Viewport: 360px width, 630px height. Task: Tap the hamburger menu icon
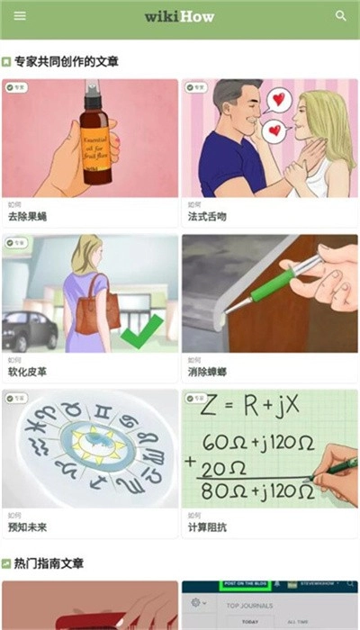click(x=20, y=16)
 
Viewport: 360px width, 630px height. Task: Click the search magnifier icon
click(x=341, y=16)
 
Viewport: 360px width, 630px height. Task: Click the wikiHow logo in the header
click(x=179, y=16)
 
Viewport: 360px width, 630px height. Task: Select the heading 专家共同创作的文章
click(x=66, y=62)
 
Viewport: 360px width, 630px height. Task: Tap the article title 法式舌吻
click(x=207, y=217)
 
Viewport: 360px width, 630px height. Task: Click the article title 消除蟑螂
click(x=207, y=372)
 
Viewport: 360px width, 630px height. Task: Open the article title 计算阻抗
click(x=207, y=526)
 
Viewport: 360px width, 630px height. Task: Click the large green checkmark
click(x=141, y=330)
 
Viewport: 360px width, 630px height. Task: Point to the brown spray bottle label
click(x=96, y=144)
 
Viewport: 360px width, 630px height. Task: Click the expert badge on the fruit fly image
click(x=15, y=88)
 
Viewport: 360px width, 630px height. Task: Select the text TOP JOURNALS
click(x=244, y=607)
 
